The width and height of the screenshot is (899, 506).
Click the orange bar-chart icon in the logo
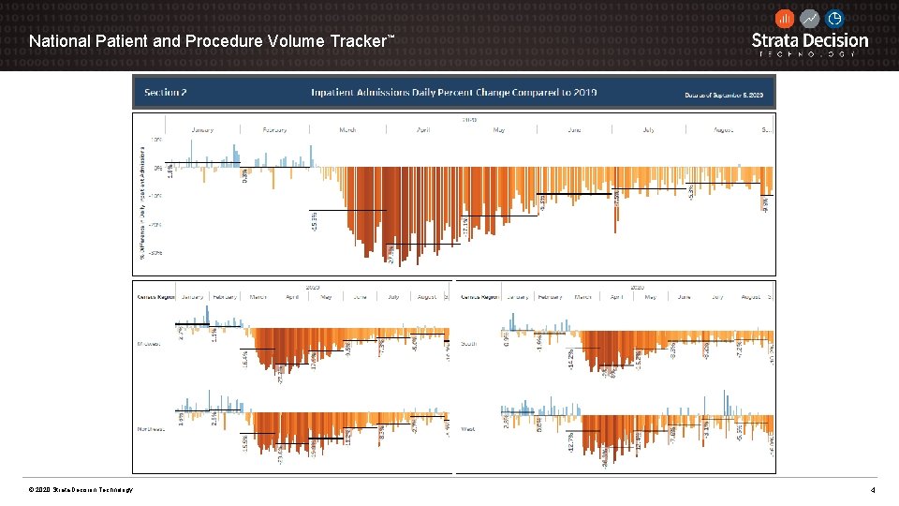point(785,19)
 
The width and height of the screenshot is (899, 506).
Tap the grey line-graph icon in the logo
point(810,19)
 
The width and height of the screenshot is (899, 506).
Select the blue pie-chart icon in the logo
point(834,19)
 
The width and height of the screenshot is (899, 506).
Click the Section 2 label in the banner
point(166,93)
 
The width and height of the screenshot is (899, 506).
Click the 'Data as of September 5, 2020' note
point(724,95)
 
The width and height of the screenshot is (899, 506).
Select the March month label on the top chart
point(347,129)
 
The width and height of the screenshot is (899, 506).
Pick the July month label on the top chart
point(649,129)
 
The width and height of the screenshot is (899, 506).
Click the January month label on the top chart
point(201,129)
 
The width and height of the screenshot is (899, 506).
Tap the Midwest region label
point(149,343)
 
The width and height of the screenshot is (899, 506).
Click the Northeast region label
point(151,429)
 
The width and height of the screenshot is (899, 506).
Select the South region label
point(468,343)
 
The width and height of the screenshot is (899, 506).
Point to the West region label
point(468,429)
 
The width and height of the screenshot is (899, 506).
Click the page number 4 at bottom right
point(873,490)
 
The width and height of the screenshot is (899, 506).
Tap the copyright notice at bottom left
point(81,490)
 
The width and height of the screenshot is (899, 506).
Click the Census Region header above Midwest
point(156,297)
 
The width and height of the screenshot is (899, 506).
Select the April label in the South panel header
point(616,297)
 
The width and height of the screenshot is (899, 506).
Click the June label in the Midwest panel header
point(360,297)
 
